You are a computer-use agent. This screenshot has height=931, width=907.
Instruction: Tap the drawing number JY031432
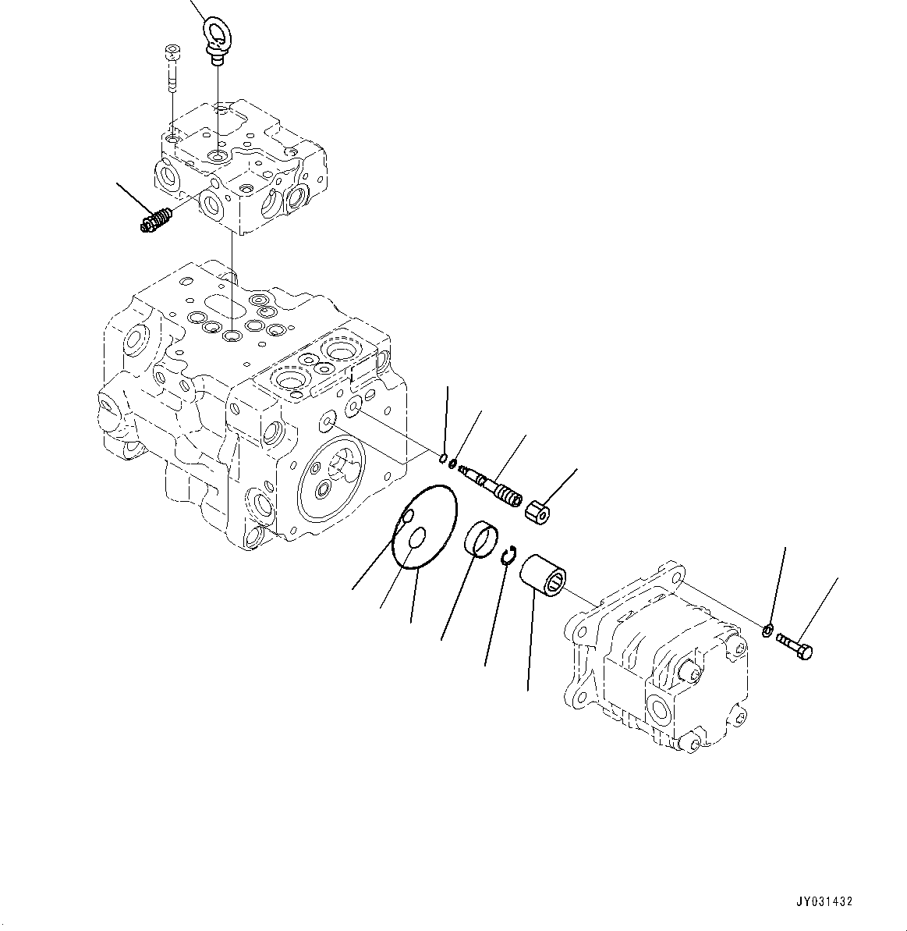coord(825,901)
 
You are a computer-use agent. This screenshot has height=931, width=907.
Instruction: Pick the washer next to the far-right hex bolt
coord(767,631)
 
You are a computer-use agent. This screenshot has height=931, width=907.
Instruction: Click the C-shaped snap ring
coord(508,555)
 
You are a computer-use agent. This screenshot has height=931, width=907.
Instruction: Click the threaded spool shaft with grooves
coord(489,485)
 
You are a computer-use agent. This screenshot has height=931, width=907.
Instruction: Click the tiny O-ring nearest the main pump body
coord(442,457)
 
